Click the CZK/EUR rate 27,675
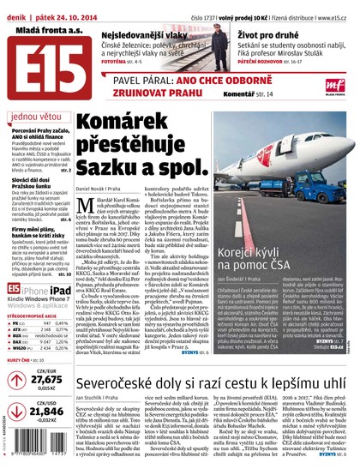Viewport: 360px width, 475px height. (45, 379)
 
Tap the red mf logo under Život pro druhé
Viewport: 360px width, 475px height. (334, 82)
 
